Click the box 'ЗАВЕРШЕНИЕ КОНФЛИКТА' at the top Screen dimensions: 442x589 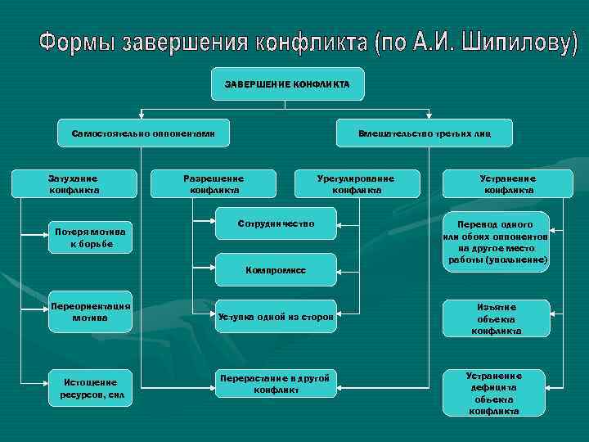287,84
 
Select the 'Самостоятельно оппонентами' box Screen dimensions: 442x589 142,133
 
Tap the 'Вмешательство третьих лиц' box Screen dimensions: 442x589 425,133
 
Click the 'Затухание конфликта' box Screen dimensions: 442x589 74,184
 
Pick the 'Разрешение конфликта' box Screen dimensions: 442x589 214,184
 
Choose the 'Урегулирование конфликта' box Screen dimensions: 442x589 356,184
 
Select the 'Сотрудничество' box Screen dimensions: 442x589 276,223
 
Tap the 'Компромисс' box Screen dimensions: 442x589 276,269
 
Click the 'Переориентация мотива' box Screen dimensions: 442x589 89,312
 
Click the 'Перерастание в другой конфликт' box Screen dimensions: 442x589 276,383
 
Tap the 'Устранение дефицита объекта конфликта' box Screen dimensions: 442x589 493,393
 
